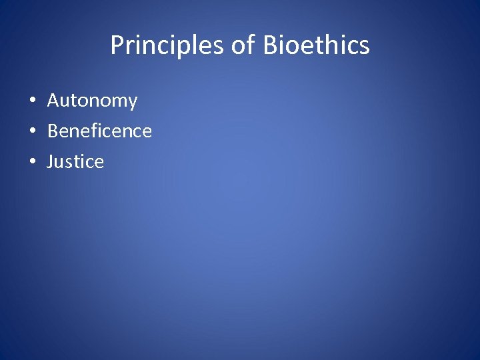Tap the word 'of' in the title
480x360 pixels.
[x=243, y=45]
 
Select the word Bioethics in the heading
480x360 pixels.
[x=316, y=45]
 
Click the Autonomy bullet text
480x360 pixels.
[x=92, y=101]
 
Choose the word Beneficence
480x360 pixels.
[x=99, y=131]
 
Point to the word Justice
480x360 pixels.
[x=75, y=161]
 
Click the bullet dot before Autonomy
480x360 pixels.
[x=32, y=101]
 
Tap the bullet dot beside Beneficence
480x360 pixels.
[x=32, y=132]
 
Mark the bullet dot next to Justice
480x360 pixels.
[x=32, y=163]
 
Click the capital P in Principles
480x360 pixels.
[x=117, y=45]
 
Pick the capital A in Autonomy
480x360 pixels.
[x=53, y=101]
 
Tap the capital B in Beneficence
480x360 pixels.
[x=53, y=131]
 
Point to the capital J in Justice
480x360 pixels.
[x=50, y=161]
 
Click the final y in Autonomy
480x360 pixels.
[x=132, y=103]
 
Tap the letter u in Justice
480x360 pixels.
[x=61, y=163]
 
